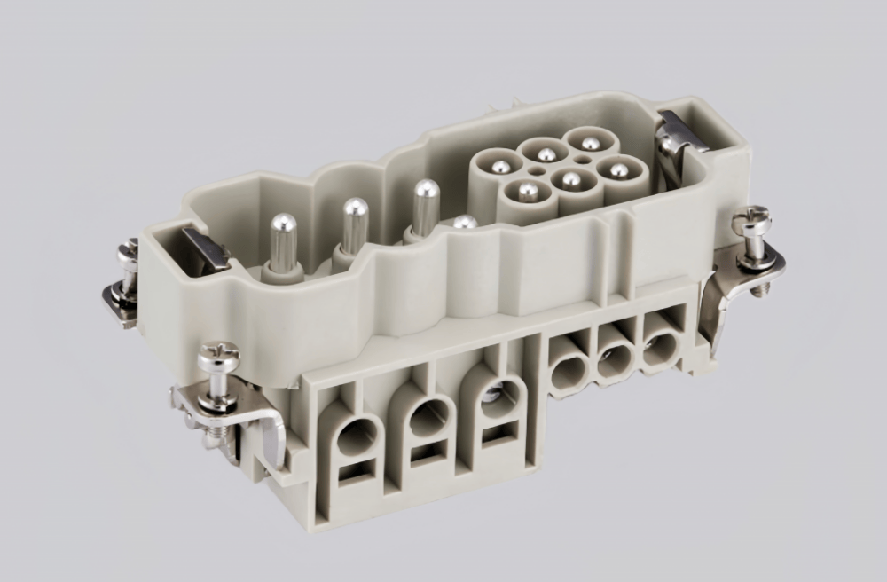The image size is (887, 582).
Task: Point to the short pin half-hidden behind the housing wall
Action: (465, 223)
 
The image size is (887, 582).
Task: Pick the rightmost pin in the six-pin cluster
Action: (618, 169)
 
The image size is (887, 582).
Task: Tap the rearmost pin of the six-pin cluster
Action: (590, 143)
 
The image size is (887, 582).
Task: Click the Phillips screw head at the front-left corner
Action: (218, 358)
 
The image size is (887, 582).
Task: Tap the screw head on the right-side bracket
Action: (751, 220)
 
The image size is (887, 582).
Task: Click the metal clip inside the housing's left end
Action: (206, 248)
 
